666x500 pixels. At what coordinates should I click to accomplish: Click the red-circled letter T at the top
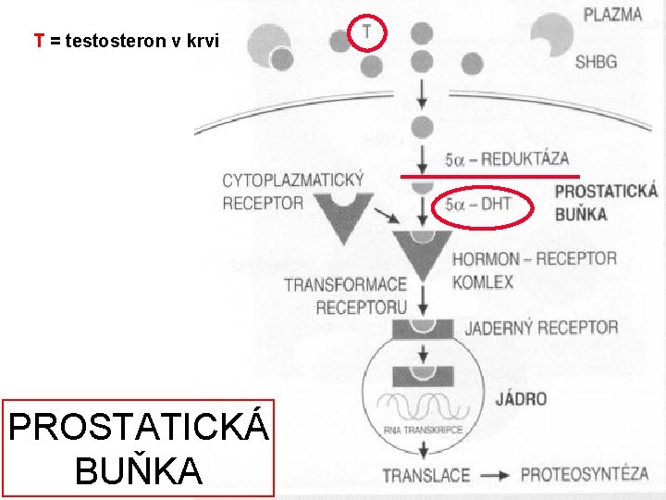coord(368,32)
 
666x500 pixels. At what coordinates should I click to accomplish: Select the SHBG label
coord(598,63)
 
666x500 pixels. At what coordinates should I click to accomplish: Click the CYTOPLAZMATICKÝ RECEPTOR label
coord(292,191)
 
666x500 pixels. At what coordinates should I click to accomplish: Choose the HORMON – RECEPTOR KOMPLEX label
coord(534,269)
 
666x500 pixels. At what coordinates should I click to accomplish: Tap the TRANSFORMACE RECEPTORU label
coord(345,295)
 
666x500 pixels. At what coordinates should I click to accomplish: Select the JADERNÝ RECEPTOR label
coord(541,327)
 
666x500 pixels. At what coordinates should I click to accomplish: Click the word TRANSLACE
coord(426,475)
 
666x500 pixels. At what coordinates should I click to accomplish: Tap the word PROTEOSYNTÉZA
coord(585,475)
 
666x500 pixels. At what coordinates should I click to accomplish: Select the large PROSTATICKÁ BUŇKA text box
coord(139,449)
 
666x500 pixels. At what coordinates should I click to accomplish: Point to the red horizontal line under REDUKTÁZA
coord(489,175)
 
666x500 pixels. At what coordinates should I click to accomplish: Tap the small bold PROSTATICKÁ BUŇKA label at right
coord(606,203)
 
